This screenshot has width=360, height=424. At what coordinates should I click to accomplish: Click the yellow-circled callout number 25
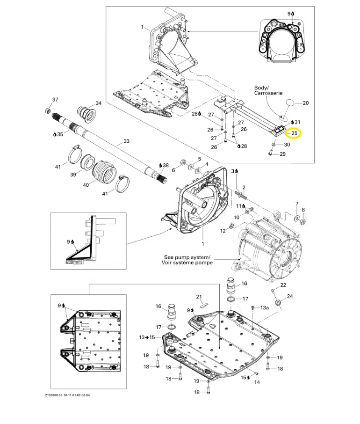[295, 133]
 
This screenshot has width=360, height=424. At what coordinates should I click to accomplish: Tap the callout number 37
[55, 100]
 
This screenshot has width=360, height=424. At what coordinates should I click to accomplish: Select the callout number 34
[98, 103]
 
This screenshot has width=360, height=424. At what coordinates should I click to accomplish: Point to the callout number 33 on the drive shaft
[126, 141]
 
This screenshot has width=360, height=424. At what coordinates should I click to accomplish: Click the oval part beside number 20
[291, 103]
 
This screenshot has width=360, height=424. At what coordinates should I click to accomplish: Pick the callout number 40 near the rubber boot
[86, 185]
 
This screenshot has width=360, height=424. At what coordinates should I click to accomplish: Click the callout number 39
[72, 174]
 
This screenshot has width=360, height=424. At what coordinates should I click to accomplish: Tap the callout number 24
[290, 296]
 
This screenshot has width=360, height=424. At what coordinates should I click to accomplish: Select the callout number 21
[199, 297]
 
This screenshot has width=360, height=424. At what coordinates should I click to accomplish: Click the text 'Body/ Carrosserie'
[268, 90]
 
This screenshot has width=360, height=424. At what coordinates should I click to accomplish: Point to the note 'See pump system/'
[187, 257]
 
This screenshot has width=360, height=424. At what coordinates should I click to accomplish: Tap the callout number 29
[282, 154]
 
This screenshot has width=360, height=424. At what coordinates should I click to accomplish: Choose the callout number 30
[287, 145]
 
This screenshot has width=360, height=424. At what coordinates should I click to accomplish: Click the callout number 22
[283, 285]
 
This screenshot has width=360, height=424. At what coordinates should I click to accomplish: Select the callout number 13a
[265, 307]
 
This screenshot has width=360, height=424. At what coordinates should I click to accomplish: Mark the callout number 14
[257, 382]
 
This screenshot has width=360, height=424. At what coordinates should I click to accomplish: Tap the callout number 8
[303, 210]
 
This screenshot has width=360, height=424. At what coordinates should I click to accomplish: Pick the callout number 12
[224, 230]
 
